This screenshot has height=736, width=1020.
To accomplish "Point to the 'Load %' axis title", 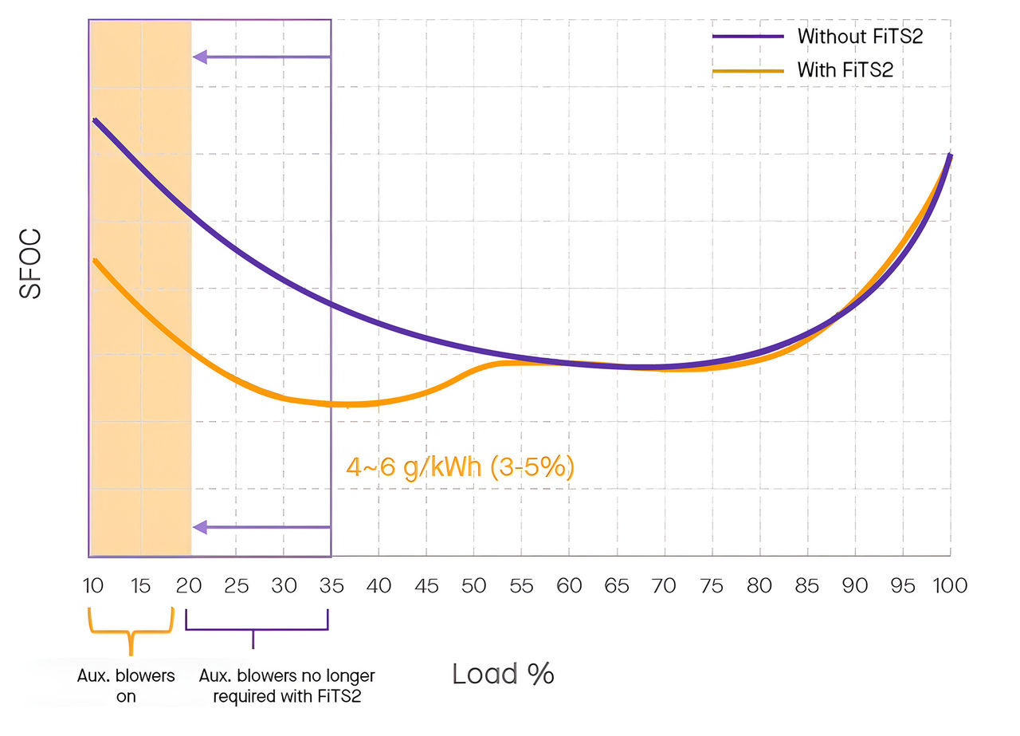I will pyautogui.click(x=503, y=674).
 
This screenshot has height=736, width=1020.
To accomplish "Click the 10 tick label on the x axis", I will pyautogui.click(x=93, y=586).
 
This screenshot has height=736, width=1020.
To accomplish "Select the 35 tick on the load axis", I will pyautogui.click(x=331, y=586).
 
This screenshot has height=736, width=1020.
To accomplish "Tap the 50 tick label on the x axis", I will pyautogui.click(x=474, y=586).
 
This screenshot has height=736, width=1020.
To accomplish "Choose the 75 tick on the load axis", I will pyautogui.click(x=712, y=586).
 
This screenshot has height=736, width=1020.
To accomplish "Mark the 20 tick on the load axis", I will pyautogui.click(x=189, y=586).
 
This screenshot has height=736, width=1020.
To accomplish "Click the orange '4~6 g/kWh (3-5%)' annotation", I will pyautogui.click(x=460, y=466).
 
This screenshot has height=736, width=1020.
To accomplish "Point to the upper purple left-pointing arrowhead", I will pyautogui.click(x=200, y=57).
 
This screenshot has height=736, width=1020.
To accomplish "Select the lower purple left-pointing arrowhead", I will pyautogui.click(x=200, y=526).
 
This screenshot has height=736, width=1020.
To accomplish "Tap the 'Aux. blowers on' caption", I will pyautogui.click(x=126, y=686).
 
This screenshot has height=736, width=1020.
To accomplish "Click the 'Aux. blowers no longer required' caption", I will pyautogui.click(x=287, y=686).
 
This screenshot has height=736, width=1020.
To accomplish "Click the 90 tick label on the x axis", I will pyautogui.click(x=855, y=586).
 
